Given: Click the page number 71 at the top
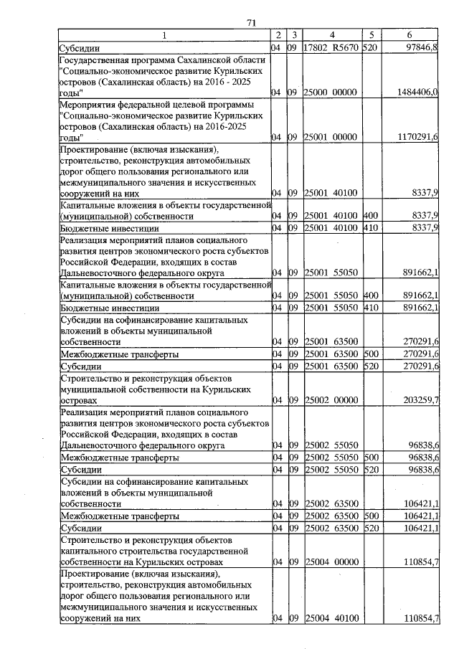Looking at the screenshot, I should pyautogui.click(x=252, y=22).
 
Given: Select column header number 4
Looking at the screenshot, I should pyautogui.click(x=332, y=35).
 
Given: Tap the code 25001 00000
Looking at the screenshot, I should pyautogui.click(x=331, y=137).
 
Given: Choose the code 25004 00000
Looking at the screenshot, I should pyautogui.click(x=331, y=557).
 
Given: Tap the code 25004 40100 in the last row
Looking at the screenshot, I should pyautogui.click(x=331, y=618).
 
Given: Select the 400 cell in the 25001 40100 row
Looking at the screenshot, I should pyautogui.click(x=370, y=216).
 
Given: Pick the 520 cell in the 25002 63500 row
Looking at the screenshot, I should pyautogui.click(x=370, y=529).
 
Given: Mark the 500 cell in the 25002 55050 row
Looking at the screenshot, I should pyautogui.click(x=370, y=456).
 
